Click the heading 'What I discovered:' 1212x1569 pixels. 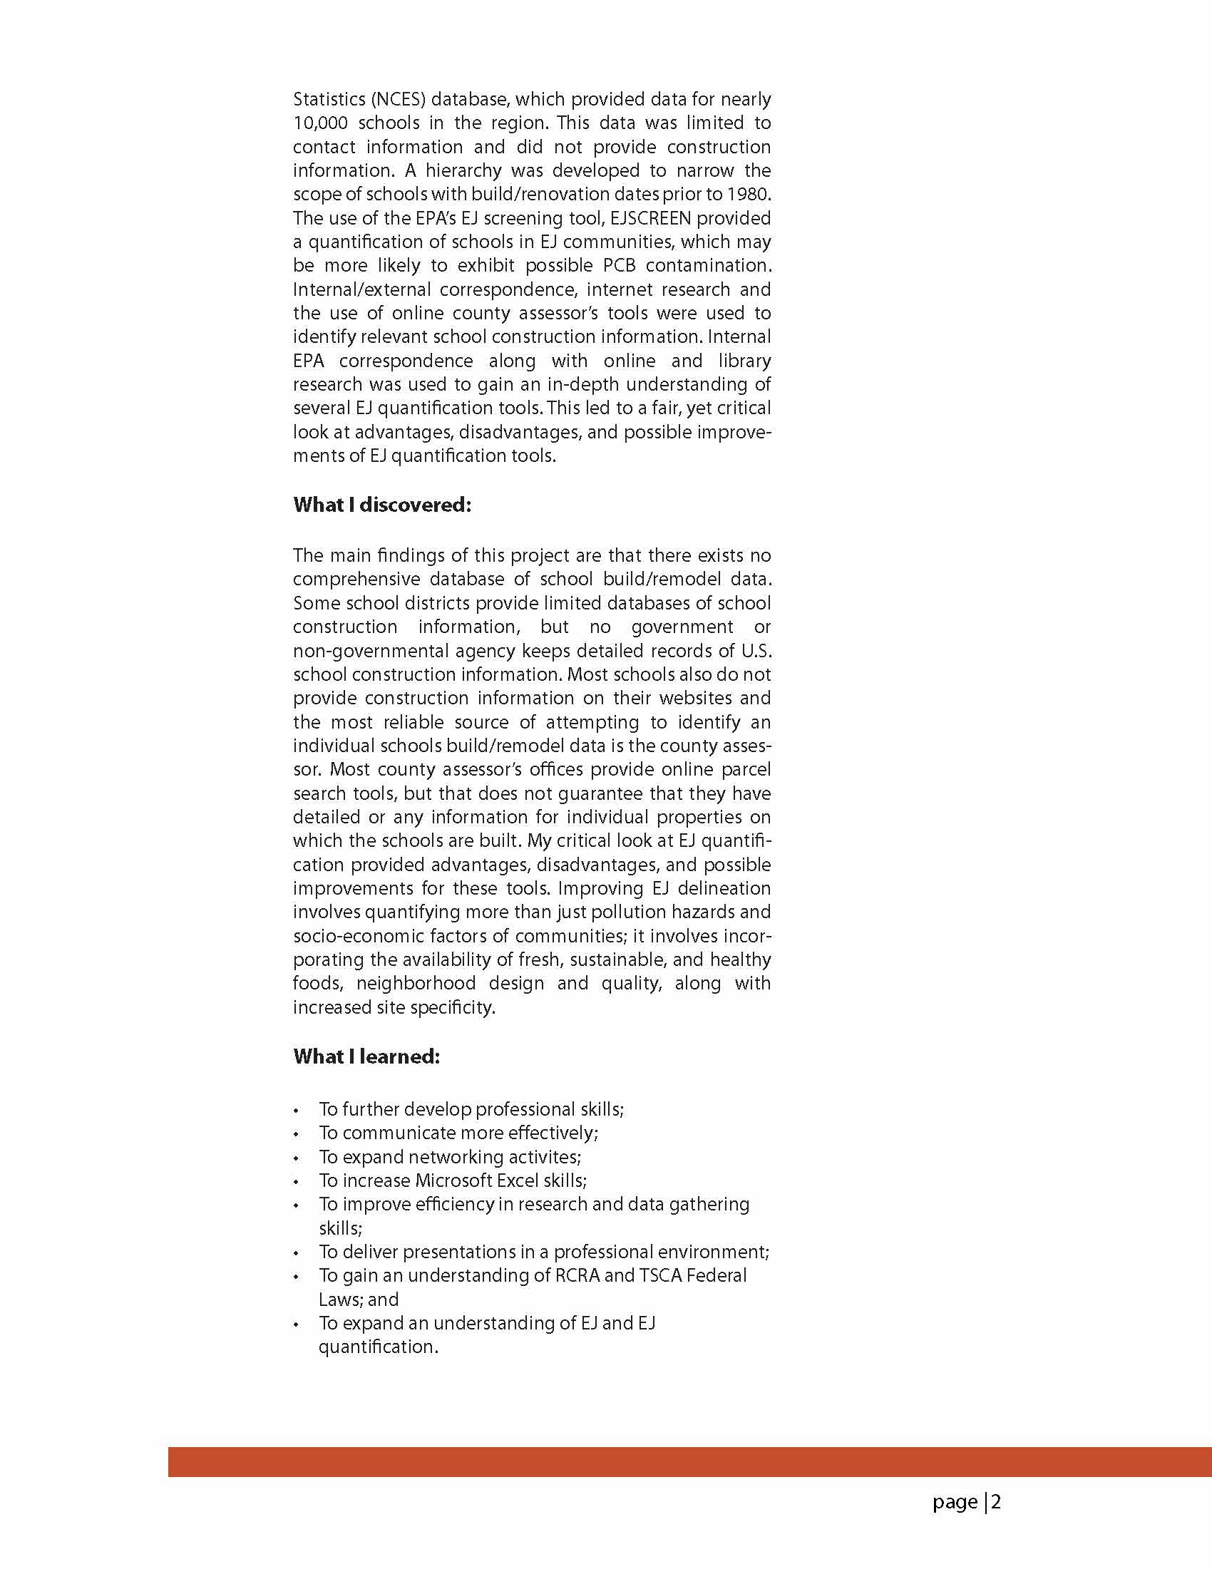381,505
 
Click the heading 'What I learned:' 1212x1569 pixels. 366,1056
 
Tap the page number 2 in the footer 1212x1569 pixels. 997,1502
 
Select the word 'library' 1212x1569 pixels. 744,361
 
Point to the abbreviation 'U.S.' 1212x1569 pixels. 756,650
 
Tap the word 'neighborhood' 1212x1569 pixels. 416,983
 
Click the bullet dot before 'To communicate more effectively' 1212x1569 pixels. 296,1134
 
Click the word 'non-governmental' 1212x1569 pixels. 371,650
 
